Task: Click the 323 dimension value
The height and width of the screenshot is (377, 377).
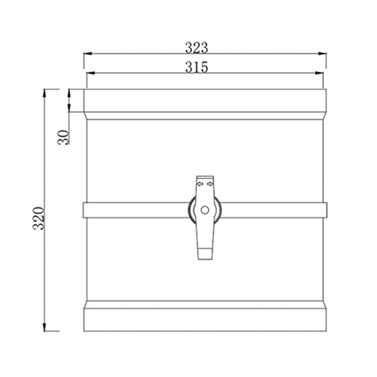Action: (196, 48)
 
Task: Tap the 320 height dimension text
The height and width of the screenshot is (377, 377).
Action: (39, 218)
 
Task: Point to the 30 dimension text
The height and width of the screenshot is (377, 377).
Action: (63, 137)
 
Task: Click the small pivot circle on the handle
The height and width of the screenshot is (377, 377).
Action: (205, 210)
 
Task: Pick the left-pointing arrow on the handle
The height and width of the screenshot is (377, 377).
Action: (200, 184)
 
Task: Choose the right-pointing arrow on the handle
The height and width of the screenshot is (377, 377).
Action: (210, 184)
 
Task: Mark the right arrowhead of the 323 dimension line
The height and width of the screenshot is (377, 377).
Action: (322, 54)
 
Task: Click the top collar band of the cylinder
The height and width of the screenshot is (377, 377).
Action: (205, 100)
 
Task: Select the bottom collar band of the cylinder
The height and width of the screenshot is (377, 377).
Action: (205, 320)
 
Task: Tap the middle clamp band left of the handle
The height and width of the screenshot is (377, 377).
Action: (136, 210)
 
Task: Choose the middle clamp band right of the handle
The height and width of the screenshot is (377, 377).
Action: (273, 210)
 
